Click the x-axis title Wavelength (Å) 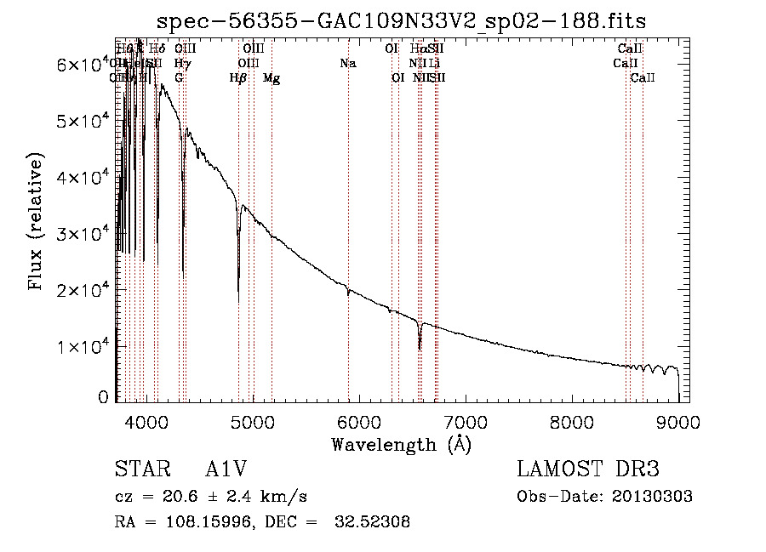tap(401, 444)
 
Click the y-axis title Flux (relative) tap(37, 222)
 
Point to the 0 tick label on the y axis tap(104, 397)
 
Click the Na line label tap(347, 63)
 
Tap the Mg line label tap(272, 78)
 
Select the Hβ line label tap(238, 78)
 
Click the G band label tap(179, 78)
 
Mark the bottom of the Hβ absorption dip tap(238, 302)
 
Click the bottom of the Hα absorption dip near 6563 tap(420, 349)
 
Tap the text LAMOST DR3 tap(588, 470)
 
